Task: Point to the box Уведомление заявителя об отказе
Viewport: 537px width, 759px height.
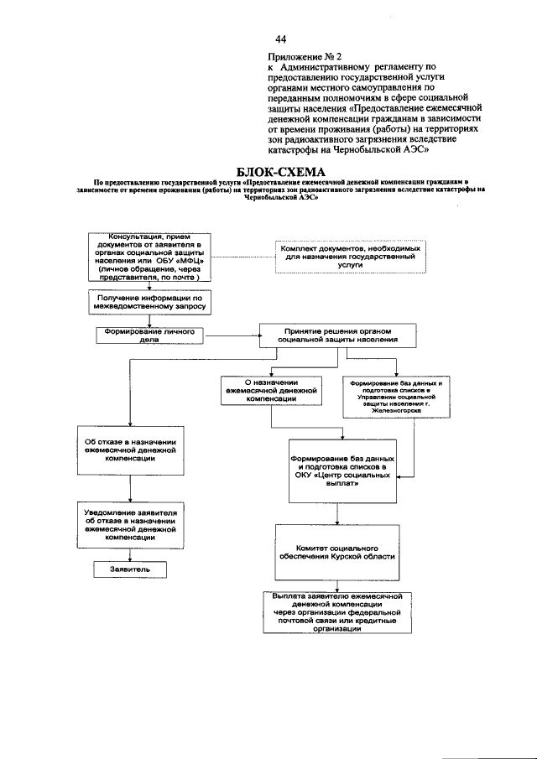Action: (129, 527)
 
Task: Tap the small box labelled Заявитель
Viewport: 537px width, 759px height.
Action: (129, 569)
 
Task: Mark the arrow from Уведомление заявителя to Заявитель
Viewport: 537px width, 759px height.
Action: (129, 553)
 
